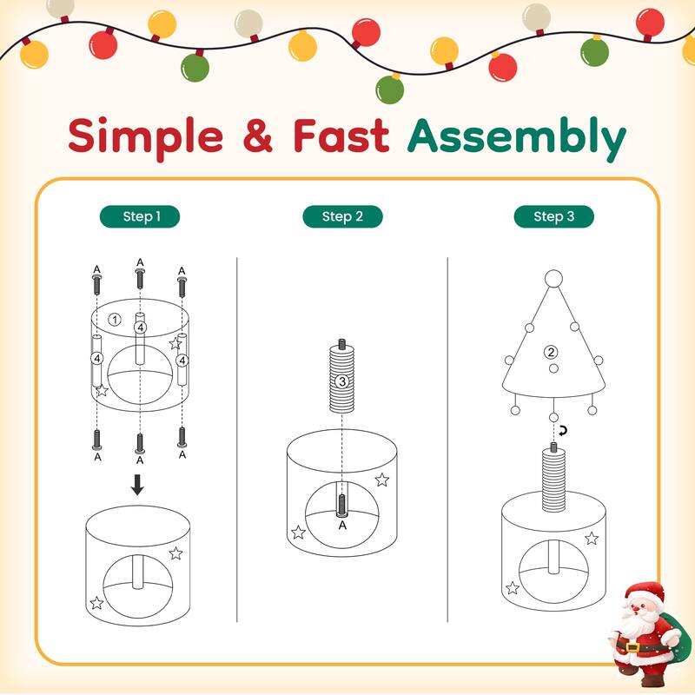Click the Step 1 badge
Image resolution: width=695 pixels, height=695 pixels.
coord(140,216)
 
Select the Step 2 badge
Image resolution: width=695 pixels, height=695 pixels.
coord(342,216)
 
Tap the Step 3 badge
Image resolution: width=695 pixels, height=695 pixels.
coord(553,216)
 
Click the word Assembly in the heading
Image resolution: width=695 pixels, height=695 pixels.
coord(516,136)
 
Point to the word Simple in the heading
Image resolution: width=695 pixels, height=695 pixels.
coord(145,136)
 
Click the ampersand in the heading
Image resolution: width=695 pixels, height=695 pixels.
coord(257,136)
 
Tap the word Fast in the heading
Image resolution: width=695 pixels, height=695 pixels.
coord(341,136)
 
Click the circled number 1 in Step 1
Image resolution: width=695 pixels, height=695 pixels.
coord(115,319)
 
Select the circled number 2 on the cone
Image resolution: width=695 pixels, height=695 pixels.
coord(551,352)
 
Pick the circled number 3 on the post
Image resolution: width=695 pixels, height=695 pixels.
coord(341,381)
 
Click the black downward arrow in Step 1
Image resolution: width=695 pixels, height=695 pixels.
coord(137,485)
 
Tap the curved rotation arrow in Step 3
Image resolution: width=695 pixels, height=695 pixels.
coord(563,431)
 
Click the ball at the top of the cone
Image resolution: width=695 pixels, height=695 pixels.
coord(553,279)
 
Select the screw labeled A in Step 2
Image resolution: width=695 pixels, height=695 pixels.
coord(341,506)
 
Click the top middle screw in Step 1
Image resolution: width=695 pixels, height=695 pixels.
coord(140,278)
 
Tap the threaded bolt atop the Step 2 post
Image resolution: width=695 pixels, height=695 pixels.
coord(341,343)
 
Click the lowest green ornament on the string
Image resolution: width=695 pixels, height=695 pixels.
coord(389,89)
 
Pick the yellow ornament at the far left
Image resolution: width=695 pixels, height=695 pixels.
coord(34,54)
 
